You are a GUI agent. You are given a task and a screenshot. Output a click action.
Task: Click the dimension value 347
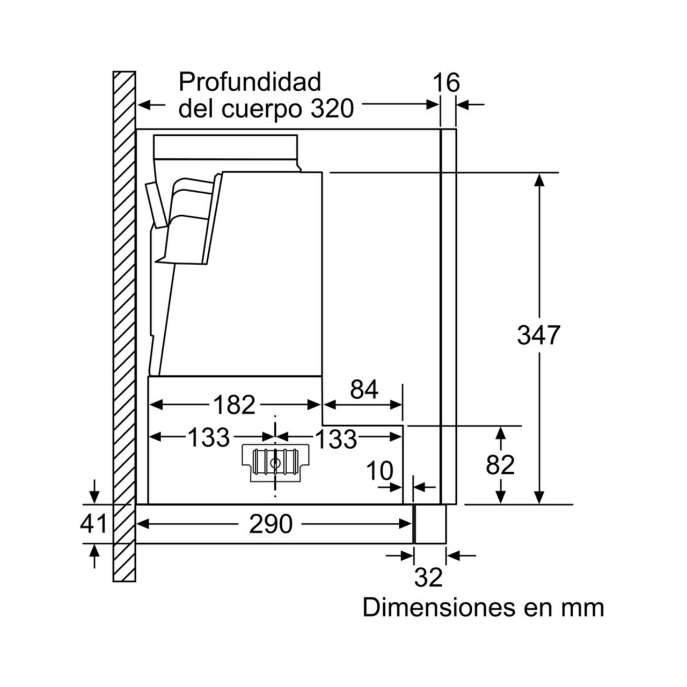click(x=538, y=335)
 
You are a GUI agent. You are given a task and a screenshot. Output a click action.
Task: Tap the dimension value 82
click(x=500, y=465)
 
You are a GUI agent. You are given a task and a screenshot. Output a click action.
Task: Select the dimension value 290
click(x=271, y=524)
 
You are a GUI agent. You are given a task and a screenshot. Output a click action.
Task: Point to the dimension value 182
click(x=234, y=405)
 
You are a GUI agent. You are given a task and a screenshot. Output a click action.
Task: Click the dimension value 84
click(x=364, y=390)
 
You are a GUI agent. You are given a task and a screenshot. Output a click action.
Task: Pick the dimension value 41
click(x=94, y=524)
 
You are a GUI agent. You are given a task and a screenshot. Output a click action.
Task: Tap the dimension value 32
click(x=429, y=577)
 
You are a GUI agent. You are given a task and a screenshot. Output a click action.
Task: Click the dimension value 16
click(x=446, y=83)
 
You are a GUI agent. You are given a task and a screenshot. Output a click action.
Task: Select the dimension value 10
click(x=380, y=472)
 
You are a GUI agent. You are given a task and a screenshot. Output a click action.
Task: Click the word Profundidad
click(x=250, y=82)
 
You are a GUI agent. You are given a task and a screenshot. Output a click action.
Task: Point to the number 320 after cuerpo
click(x=332, y=109)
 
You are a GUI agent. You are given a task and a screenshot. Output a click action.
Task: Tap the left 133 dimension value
click(x=209, y=438)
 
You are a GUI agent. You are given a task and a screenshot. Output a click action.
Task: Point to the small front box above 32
click(x=430, y=524)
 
